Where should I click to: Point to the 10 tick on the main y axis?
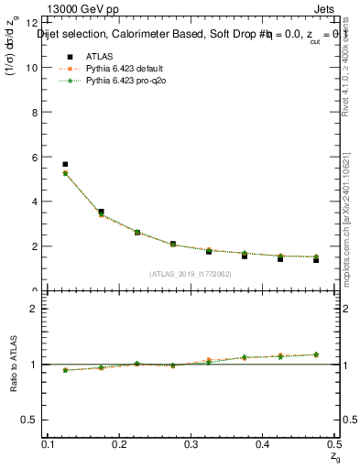(x=34, y=68)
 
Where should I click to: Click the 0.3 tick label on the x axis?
(x=191, y=444)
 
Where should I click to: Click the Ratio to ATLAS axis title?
(x=14, y=364)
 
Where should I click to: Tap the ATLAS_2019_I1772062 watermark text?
(x=190, y=274)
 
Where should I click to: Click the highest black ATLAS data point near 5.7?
(x=65, y=164)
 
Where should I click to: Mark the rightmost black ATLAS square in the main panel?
(x=316, y=260)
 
